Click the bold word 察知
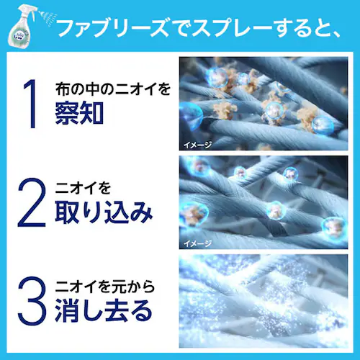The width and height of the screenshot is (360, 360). [86, 114]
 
